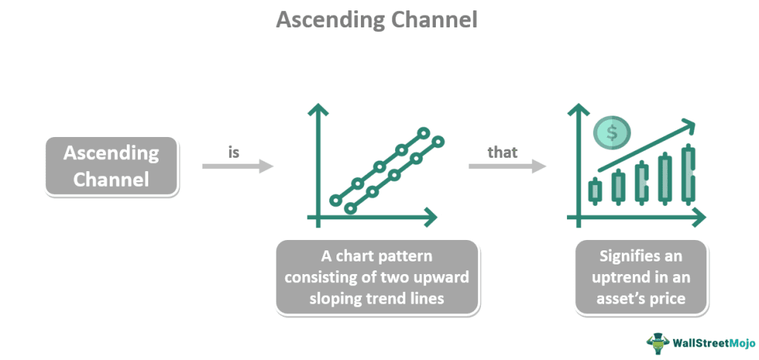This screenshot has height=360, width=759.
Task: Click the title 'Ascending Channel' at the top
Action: [377, 20]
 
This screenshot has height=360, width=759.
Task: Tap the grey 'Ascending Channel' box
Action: [111, 166]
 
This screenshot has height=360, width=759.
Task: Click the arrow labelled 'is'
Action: [237, 167]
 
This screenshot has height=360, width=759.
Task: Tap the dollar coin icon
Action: [611, 133]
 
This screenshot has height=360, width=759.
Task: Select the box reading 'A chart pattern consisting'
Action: [377, 276]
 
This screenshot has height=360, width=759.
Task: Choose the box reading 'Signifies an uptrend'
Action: [641, 276]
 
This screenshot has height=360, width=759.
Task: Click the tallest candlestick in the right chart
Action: [689, 175]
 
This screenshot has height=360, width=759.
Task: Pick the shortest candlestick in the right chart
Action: [594, 191]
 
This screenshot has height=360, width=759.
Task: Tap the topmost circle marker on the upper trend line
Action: [423, 134]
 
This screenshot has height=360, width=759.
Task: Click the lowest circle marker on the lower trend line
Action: [351, 209]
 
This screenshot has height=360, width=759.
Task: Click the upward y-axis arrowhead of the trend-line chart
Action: [319, 110]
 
